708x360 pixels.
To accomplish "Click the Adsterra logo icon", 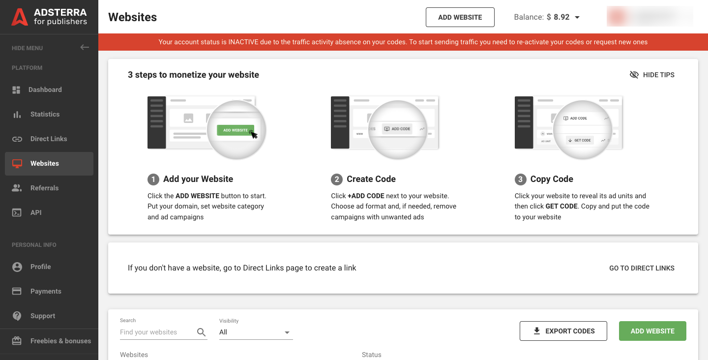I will (x=20, y=17).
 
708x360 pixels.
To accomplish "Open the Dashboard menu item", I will (x=45, y=90).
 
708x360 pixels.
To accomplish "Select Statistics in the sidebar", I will (x=45, y=114).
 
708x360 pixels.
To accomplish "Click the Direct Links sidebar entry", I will (x=48, y=139).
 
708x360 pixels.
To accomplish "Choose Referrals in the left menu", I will (x=44, y=188).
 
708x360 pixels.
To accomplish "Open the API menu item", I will (x=35, y=212).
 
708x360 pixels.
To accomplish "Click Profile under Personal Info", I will (x=40, y=267).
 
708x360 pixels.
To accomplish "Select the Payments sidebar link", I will (x=45, y=291).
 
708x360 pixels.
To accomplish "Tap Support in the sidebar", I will (x=42, y=316).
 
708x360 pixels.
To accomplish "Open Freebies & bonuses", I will (x=60, y=341).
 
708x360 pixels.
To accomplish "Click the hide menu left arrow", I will (x=85, y=48).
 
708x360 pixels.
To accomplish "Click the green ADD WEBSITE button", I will (x=652, y=331).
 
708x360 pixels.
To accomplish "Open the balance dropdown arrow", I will (x=577, y=17).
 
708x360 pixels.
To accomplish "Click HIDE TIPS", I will (x=652, y=75).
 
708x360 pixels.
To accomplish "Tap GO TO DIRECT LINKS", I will (x=642, y=268).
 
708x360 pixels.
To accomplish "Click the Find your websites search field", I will (x=156, y=332).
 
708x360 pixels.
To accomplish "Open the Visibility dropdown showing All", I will (x=256, y=332).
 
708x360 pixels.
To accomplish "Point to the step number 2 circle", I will (x=337, y=179).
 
